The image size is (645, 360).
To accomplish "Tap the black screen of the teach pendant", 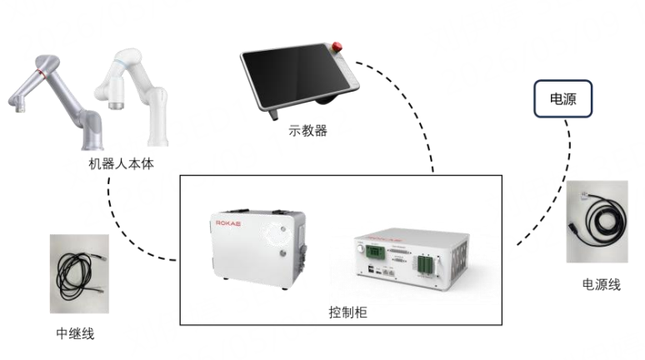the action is coord(295,76).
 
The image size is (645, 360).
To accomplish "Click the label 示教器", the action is coord(307,131).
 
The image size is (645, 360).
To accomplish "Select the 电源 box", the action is coord(562,98).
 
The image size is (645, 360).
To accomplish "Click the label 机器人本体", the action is coord(122,163).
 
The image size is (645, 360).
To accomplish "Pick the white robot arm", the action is coord(132,97).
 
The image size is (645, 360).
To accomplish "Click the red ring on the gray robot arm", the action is coord(41,73).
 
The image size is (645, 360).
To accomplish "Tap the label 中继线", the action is coord(75,333).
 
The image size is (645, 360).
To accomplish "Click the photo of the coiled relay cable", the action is coord(79,273).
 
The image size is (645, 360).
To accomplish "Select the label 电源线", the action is coord(601,284).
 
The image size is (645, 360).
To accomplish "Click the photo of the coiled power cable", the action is coord(597,222).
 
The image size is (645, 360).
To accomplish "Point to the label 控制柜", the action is coord(347,312).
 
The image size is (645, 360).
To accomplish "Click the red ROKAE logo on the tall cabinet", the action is coord(228,223).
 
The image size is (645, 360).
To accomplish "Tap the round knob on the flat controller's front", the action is coord(360,249).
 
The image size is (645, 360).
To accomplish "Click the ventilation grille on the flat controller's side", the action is coord(460,263).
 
